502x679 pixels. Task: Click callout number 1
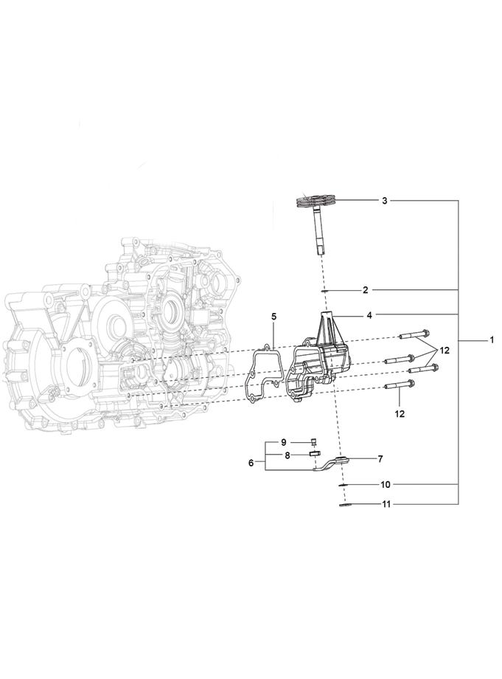click(492, 340)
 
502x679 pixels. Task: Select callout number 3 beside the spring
click(385, 201)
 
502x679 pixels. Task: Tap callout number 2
click(366, 290)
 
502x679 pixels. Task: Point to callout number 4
click(369, 316)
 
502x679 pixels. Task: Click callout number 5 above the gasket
click(273, 317)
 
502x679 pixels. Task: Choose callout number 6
click(251, 463)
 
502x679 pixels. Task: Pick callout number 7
click(380, 459)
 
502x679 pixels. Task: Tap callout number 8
click(287, 455)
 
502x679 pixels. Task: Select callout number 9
click(284, 442)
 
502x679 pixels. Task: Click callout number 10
click(386, 485)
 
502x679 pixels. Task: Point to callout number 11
click(386, 505)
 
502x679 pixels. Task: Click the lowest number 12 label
click(400, 414)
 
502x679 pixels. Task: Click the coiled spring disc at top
click(315, 200)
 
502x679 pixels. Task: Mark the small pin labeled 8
click(314, 453)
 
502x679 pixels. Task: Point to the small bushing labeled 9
click(314, 441)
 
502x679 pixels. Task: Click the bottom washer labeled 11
click(344, 505)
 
